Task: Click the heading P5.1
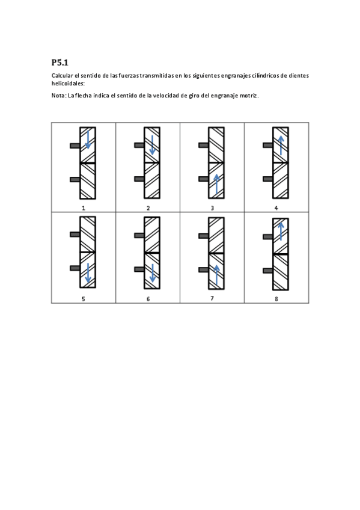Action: pyautogui.click(x=60, y=62)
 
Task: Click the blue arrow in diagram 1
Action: pyautogui.click(x=88, y=140)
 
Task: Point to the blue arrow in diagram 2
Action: pyautogui.click(x=153, y=144)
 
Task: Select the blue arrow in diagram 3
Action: pyautogui.click(x=216, y=184)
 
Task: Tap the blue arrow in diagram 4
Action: pyautogui.click(x=281, y=145)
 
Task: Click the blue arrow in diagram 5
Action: pyautogui.click(x=88, y=273)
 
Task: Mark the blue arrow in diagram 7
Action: pyautogui.click(x=216, y=275)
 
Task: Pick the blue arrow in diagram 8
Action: pyautogui.click(x=281, y=230)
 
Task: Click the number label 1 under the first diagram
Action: pyautogui.click(x=84, y=207)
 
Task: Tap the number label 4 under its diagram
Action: pyautogui.click(x=276, y=207)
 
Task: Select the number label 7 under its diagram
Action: pyautogui.click(x=212, y=298)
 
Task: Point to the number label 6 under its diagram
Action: pyautogui.click(x=148, y=298)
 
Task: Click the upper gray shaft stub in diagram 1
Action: pyautogui.click(x=75, y=146)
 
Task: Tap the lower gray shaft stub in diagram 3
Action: pyautogui.click(x=204, y=179)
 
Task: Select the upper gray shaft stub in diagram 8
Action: pyautogui.click(x=268, y=237)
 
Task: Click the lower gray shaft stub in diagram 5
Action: pyautogui.click(x=75, y=268)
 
